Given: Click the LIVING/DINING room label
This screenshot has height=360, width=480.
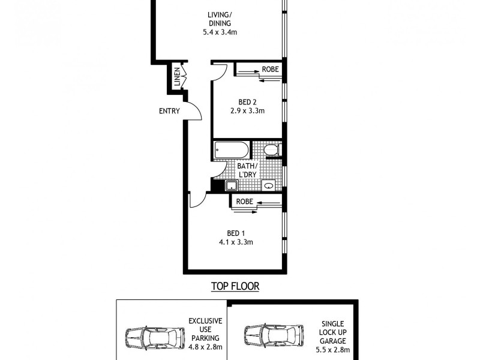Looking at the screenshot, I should pyautogui.click(x=220, y=19).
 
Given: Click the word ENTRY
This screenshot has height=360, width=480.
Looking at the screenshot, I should pyautogui.click(x=169, y=111).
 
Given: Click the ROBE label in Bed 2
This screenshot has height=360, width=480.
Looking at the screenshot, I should pyautogui.click(x=270, y=70).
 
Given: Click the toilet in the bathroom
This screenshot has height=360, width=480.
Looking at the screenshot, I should pyautogui.click(x=271, y=149).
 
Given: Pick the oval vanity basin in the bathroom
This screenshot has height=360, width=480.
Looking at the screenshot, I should pyautogui.click(x=269, y=186).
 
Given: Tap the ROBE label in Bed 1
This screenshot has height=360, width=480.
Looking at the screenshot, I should pyautogui.click(x=244, y=202).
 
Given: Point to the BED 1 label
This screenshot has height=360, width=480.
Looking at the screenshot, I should pyautogui.click(x=236, y=233).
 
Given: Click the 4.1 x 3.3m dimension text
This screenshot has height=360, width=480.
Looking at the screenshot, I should pyautogui.click(x=236, y=242).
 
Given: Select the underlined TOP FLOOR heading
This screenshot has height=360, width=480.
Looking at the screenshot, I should pyautogui.click(x=235, y=286).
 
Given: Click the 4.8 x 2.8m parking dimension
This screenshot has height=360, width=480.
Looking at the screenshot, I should pyautogui.click(x=206, y=346).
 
